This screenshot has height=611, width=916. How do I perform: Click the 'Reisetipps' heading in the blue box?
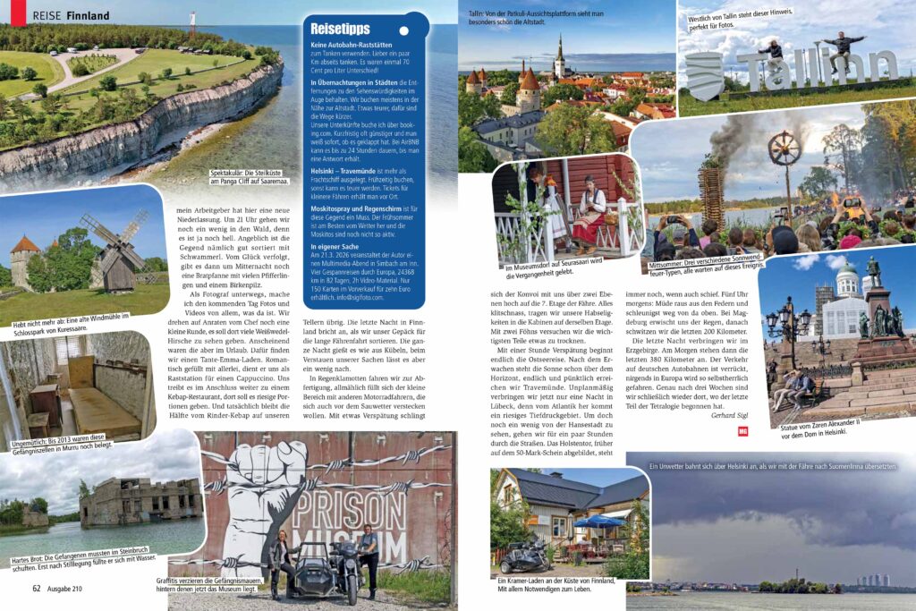click(342, 28)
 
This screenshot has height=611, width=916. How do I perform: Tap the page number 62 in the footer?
click(37, 588)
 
